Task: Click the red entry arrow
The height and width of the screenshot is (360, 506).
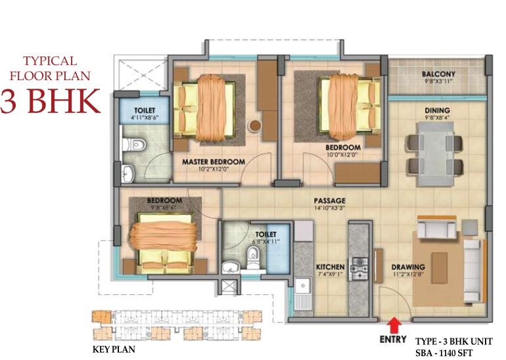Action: click(x=394, y=324)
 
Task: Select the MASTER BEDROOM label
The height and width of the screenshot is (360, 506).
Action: click(x=214, y=162)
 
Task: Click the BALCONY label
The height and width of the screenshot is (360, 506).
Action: click(x=439, y=74)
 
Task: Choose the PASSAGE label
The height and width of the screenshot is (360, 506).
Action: click(x=330, y=201)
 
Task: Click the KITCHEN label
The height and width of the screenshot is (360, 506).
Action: click(x=330, y=267)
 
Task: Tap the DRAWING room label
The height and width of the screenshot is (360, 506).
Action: click(x=409, y=267)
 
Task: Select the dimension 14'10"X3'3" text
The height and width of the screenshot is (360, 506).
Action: click(x=330, y=209)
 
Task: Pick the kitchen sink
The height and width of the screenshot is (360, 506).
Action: click(x=303, y=288)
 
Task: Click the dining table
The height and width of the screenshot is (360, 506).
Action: click(x=430, y=151)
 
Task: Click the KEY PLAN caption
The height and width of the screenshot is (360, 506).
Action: click(x=114, y=349)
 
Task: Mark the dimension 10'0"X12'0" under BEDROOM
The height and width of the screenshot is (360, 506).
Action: click(x=343, y=156)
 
